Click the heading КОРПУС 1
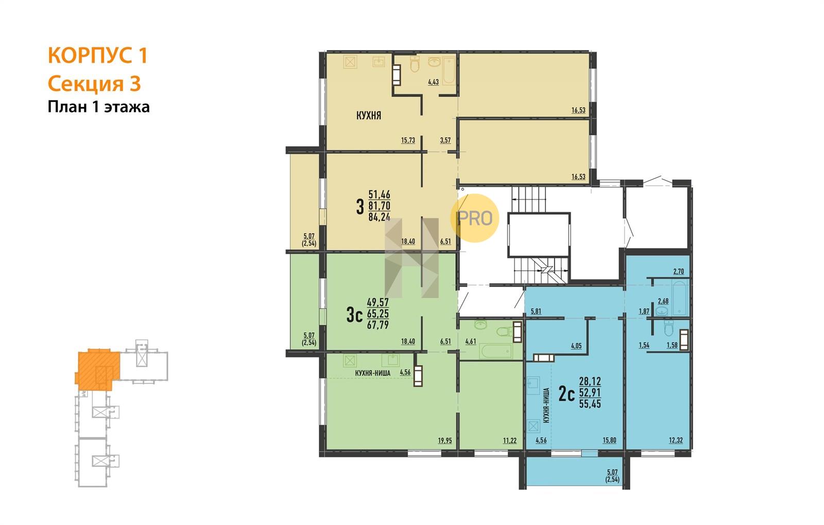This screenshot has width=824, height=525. [x=98, y=55]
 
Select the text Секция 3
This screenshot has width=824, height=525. [x=94, y=84]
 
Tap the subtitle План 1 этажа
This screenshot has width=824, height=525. [x=98, y=107]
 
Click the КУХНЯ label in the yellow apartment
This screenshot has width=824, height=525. [x=369, y=115]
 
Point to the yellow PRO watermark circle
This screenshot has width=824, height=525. [x=474, y=218]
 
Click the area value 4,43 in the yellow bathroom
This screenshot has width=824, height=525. [x=433, y=82]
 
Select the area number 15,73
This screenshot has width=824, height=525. [x=408, y=140]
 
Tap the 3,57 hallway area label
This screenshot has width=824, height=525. [x=445, y=140]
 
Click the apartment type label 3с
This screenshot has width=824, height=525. [x=355, y=316]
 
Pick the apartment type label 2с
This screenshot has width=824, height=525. [x=566, y=394]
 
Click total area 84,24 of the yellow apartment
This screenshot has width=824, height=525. [x=379, y=217]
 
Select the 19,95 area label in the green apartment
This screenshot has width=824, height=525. [x=445, y=441]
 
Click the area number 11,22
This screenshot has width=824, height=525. [x=510, y=441]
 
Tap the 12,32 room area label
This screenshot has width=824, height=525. [x=676, y=441]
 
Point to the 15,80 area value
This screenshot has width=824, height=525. [x=609, y=441]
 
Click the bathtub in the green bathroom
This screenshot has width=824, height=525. [x=496, y=351]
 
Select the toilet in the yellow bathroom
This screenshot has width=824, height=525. [x=415, y=64]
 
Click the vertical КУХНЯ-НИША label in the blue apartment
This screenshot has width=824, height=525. [x=546, y=405]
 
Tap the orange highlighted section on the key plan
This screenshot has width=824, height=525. [x=97, y=369]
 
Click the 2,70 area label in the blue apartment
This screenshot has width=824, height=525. [x=678, y=272]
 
